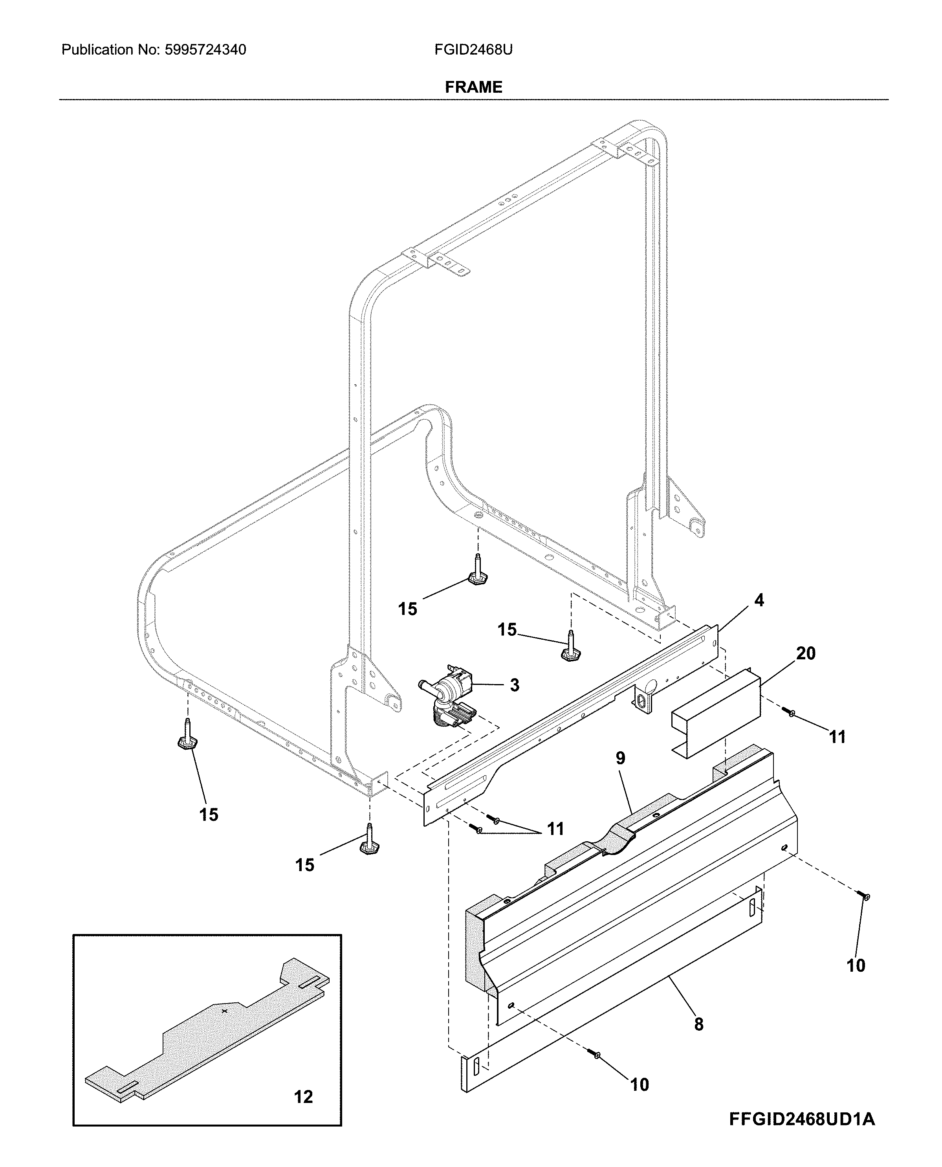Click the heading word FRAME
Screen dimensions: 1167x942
pyautogui.click(x=473, y=87)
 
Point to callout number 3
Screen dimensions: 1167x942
pyautogui.click(x=515, y=685)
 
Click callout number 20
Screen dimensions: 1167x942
pyautogui.click(x=805, y=653)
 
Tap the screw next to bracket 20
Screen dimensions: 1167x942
pyautogui.click(x=790, y=712)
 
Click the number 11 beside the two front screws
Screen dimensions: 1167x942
pyautogui.click(x=555, y=829)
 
